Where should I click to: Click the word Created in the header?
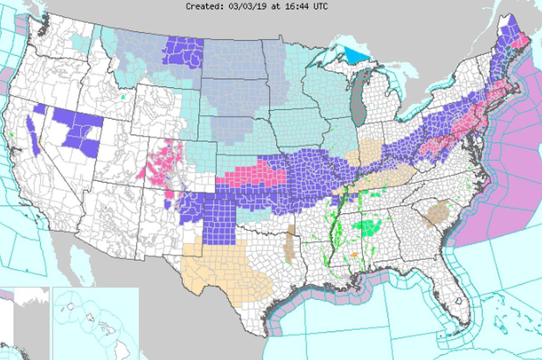point(201,6)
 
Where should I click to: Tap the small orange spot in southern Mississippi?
point(354,255)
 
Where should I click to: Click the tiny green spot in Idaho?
point(123,96)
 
